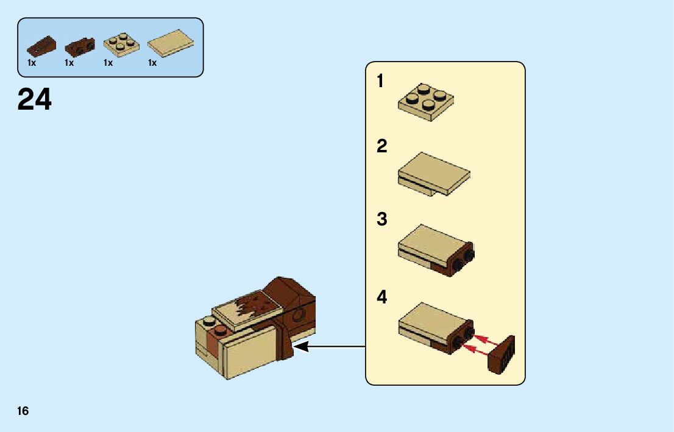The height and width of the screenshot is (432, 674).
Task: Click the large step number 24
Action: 35,100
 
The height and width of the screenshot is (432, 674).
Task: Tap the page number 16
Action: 23,411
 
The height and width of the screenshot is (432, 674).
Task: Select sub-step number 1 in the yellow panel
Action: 380,80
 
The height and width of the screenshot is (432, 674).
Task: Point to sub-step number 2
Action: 382,146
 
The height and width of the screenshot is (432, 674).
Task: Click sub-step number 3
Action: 382,219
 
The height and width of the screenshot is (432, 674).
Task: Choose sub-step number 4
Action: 382,297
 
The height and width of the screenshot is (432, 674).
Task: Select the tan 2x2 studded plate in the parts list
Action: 120,44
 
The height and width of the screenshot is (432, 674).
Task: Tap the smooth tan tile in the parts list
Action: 170,43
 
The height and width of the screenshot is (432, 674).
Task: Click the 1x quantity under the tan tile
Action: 152,63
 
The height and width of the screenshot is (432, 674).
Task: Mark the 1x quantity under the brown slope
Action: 32,63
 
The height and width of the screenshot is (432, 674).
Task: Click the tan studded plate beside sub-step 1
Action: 426,103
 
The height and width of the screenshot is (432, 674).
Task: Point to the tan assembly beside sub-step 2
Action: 434,174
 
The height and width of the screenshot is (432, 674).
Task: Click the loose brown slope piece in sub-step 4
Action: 502,355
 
